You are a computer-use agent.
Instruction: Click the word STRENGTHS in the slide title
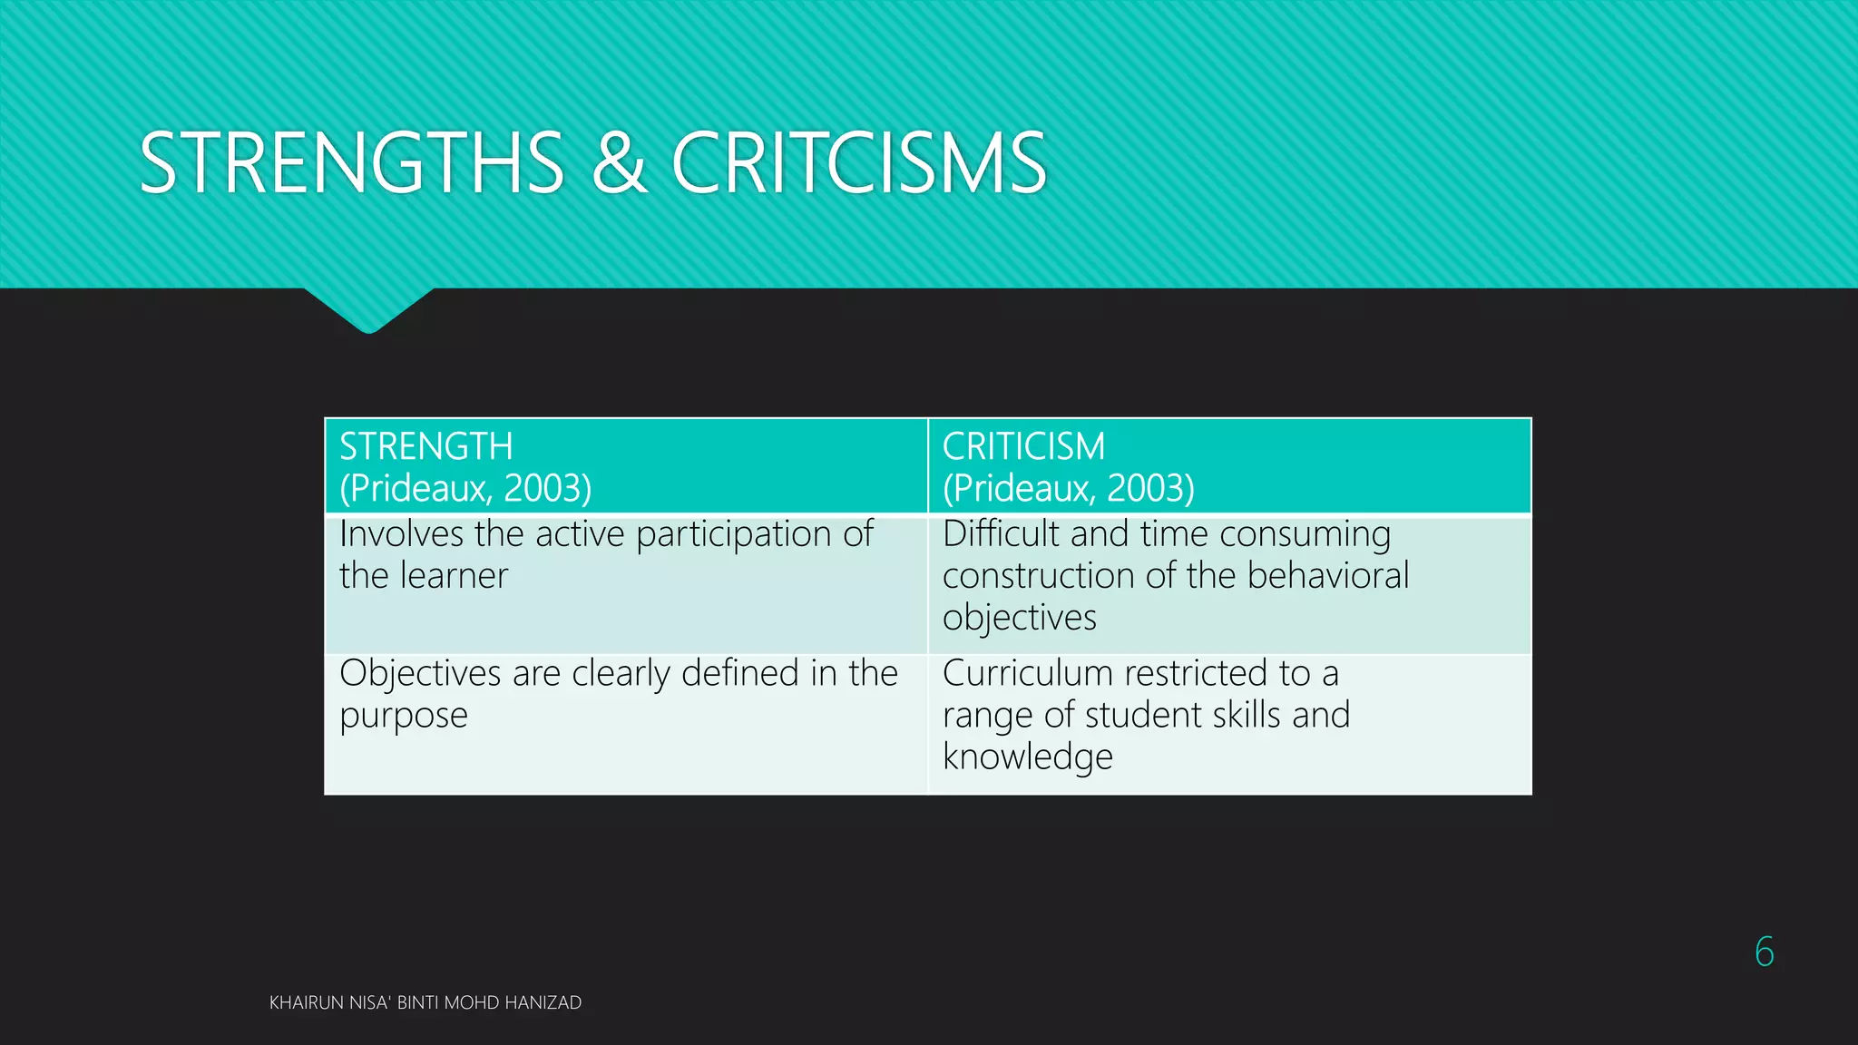352,163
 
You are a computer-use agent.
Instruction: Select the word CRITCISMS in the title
859,163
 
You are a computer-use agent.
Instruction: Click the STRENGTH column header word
425,447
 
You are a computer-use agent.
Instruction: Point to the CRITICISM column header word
1023,447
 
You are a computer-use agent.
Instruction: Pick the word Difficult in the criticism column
1002,533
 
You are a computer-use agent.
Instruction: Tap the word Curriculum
1027,673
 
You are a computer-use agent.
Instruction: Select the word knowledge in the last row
1027,757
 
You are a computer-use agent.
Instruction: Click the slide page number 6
1764,952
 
